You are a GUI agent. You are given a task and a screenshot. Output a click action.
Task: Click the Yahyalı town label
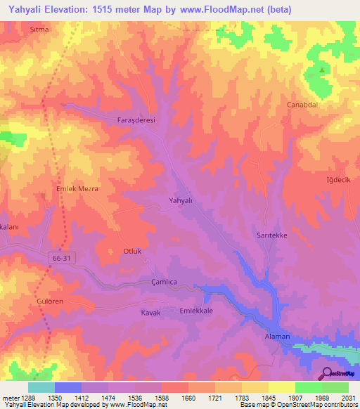tap(181, 200)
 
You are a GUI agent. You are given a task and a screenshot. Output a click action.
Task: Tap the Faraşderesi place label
tap(135, 120)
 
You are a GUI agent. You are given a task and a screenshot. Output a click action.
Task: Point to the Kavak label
tap(151, 312)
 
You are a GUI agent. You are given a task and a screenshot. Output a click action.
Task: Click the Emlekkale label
tap(196, 311)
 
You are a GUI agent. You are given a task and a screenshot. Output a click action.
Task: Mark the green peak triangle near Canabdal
tap(323, 70)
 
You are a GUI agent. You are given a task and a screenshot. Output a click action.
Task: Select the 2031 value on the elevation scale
tap(347, 398)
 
